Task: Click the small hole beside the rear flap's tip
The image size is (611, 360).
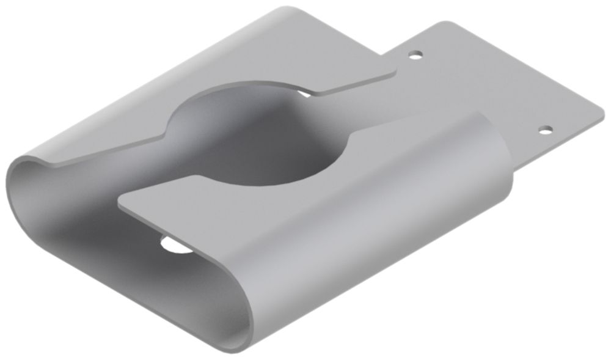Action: tap(416, 55)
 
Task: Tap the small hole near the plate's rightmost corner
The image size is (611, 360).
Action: tap(546, 130)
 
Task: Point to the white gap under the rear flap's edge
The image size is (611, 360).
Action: tap(304, 93)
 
